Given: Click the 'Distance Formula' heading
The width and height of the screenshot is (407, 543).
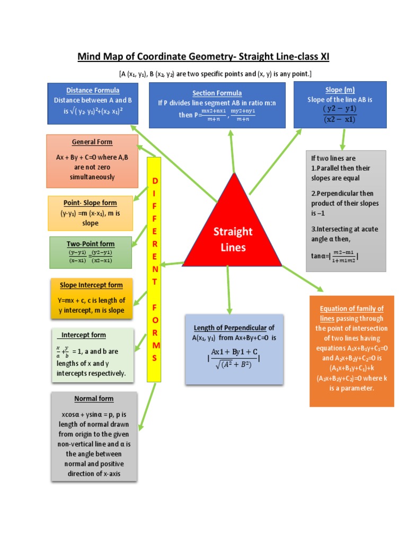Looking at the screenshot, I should pos(93,90).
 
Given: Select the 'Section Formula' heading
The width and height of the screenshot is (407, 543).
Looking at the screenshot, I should pos(217,93).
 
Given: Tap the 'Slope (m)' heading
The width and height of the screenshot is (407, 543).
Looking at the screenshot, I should pos(341,90).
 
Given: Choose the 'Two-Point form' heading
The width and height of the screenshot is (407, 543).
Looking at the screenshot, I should pos(91,243).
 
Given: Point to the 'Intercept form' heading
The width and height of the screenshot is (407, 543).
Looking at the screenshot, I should pos(83,335).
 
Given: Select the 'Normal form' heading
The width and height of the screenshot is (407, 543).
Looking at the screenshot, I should pos(94,399).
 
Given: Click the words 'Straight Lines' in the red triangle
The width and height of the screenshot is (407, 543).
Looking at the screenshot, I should pos(233,239).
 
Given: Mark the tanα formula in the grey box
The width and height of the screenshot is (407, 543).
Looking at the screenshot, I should pos(335,257).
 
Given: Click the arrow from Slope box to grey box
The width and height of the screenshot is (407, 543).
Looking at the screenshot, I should pos(343,138).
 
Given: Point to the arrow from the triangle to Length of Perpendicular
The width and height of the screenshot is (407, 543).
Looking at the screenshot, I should pos(229,289).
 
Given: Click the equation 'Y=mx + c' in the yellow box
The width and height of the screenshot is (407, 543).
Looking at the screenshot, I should pos(72,301).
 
